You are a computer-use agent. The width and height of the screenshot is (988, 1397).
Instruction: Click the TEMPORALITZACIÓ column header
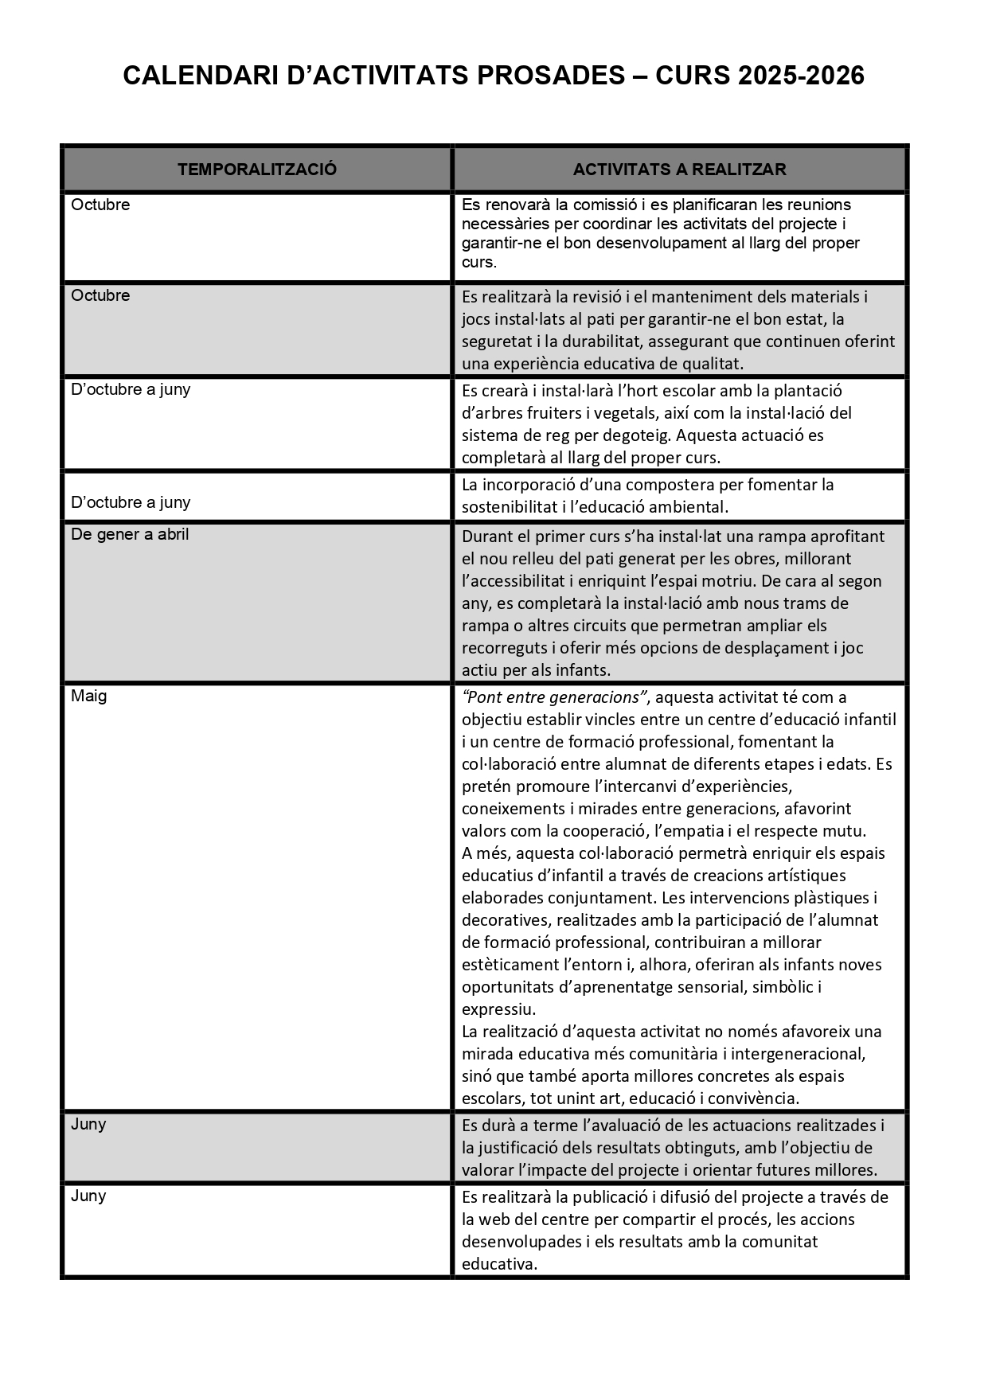[x=257, y=170]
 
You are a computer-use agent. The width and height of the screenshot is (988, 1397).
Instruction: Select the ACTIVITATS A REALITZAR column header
[x=679, y=170]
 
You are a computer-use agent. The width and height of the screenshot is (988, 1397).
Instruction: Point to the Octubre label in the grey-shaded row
[x=100, y=295]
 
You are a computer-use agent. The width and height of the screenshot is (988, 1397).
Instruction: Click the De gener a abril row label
[x=130, y=534]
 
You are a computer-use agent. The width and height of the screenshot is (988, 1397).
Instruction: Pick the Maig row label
[x=88, y=696]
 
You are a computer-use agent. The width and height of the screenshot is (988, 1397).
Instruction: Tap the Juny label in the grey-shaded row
[x=88, y=1124]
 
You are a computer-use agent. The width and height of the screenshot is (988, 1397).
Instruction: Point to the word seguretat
[x=496, y=341]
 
